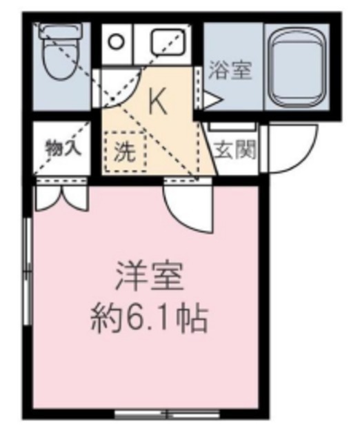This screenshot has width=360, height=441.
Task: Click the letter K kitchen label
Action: tap(158, 103)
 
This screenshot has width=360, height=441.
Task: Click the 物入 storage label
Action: tap(61, 148)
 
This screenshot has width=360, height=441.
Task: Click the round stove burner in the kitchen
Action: tap(117, 41)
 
